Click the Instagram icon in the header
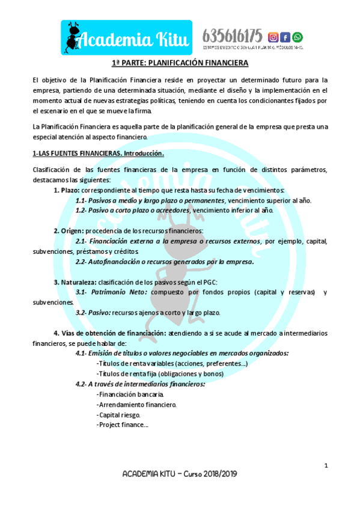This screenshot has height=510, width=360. coord(273,37)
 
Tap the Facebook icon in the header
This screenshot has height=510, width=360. coord(285,37)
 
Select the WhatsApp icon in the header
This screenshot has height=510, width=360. coord(297,37)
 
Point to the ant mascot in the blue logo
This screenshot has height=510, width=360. coord(75,37)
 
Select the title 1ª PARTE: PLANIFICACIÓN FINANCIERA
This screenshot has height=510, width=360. coord(180,63)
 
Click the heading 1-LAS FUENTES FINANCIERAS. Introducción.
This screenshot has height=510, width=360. coord(98,153)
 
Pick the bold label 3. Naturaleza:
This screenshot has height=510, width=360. coord(75,281)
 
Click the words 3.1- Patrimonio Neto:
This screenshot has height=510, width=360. coord(111,292)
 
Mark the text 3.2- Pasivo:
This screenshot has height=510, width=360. coord(94,313)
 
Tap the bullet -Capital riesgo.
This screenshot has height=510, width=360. coord(118,415)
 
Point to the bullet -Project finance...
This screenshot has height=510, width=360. coord(122,425)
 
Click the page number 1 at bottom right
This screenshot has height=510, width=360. coord(326,465)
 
